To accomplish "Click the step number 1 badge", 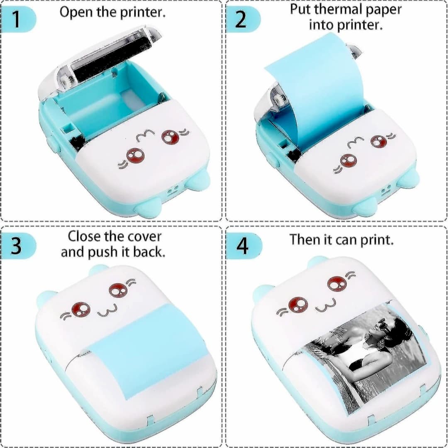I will [17, 20].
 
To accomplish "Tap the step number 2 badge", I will [241, 20].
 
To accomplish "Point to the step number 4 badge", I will [242, 246].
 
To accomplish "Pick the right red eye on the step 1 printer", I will [169, 137].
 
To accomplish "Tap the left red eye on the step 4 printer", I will [298, 306].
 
